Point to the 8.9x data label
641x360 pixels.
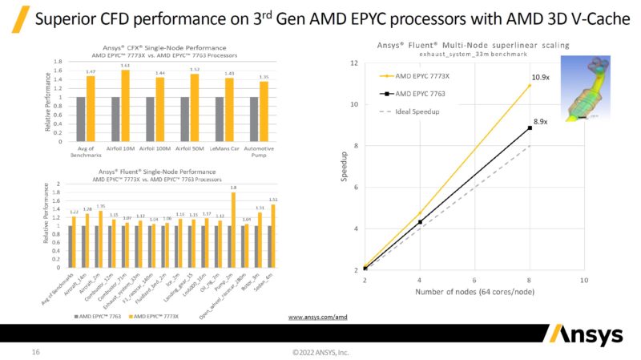click(x=541, y=121)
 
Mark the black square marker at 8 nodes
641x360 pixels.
click(x=530, y=127)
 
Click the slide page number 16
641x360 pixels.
click(x=35, y=351)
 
